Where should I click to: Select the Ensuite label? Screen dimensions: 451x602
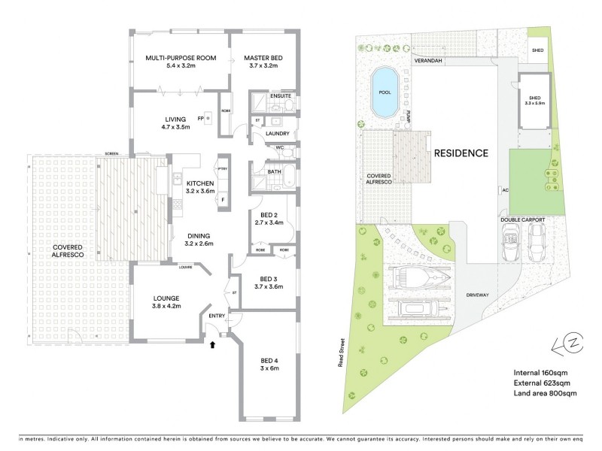pyautogui.click(x=283, y=95)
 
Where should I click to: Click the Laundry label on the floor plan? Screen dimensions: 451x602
pyautogui.click(x=278, y=134)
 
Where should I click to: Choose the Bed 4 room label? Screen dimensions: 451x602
pyautogui.click(x=269, y=364)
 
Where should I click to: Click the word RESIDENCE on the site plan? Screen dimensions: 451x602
pyautogui.click(x=461, y=153)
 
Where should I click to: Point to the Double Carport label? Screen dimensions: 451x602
pyautogui.click(x=523, y=219)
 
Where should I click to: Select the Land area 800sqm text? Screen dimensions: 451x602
pyautogui.click(x=545, y=393)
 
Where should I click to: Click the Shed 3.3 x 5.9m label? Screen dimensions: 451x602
pyautogui.click(x=534, y=101)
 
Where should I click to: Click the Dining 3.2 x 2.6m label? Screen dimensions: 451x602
pyautogui.click(x=199, y=239)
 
